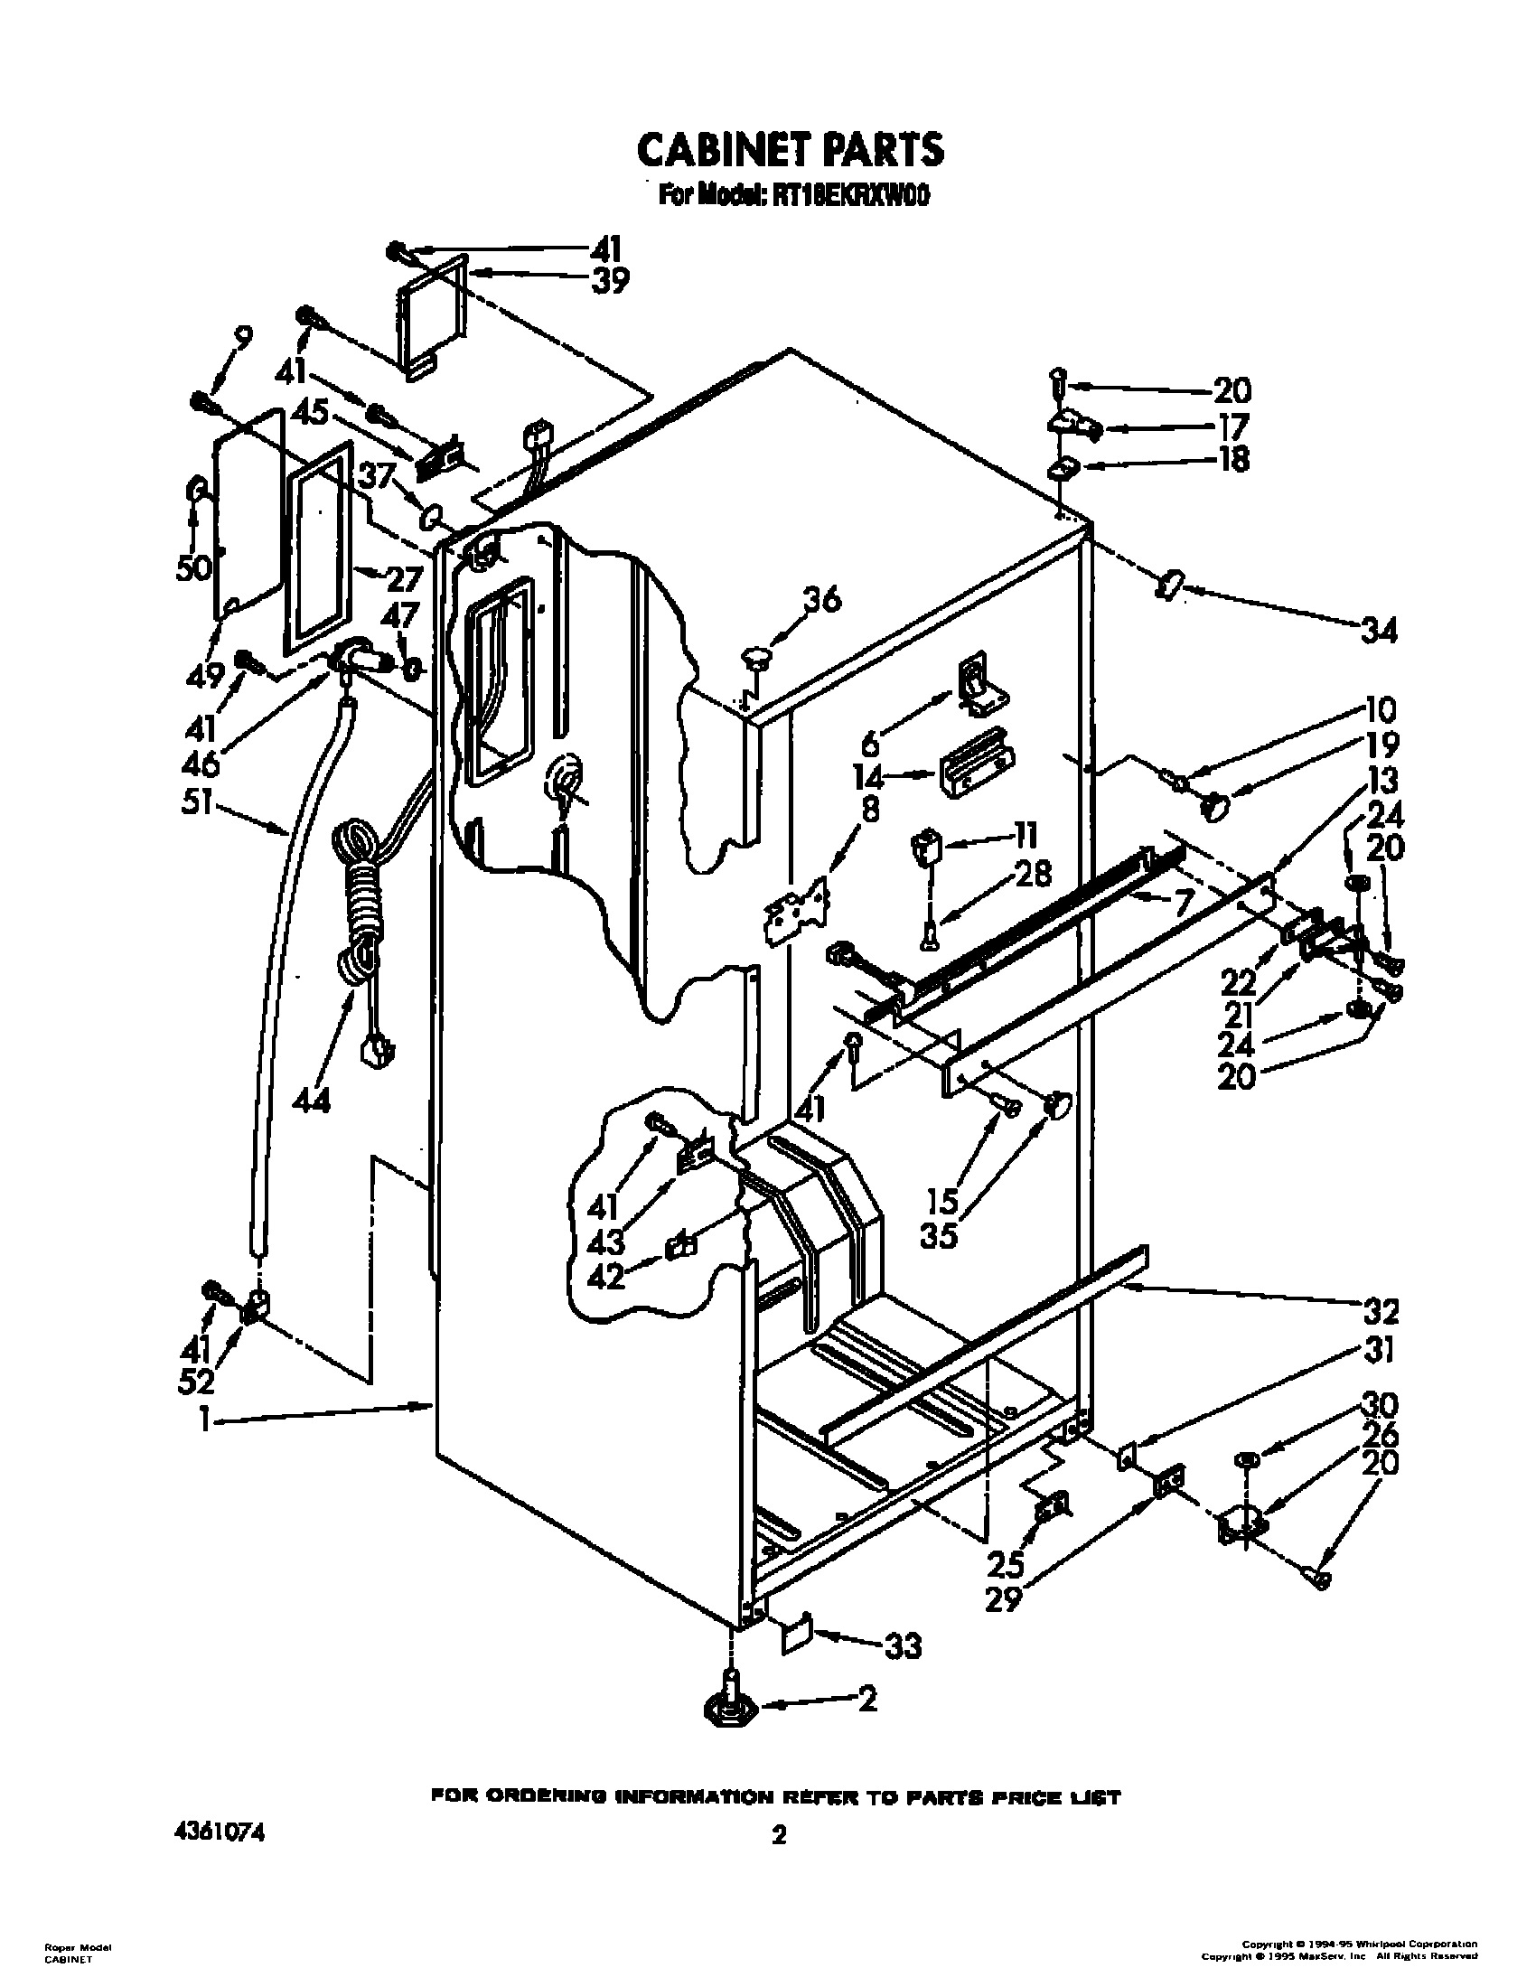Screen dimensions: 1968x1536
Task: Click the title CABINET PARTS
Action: click(x=790, y=150)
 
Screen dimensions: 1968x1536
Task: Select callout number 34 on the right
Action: click(x=1377, y=630)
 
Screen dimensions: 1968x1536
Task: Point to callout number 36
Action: click(x=821, y=599)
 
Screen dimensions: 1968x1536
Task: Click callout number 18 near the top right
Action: click(x=1234, y=460)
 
